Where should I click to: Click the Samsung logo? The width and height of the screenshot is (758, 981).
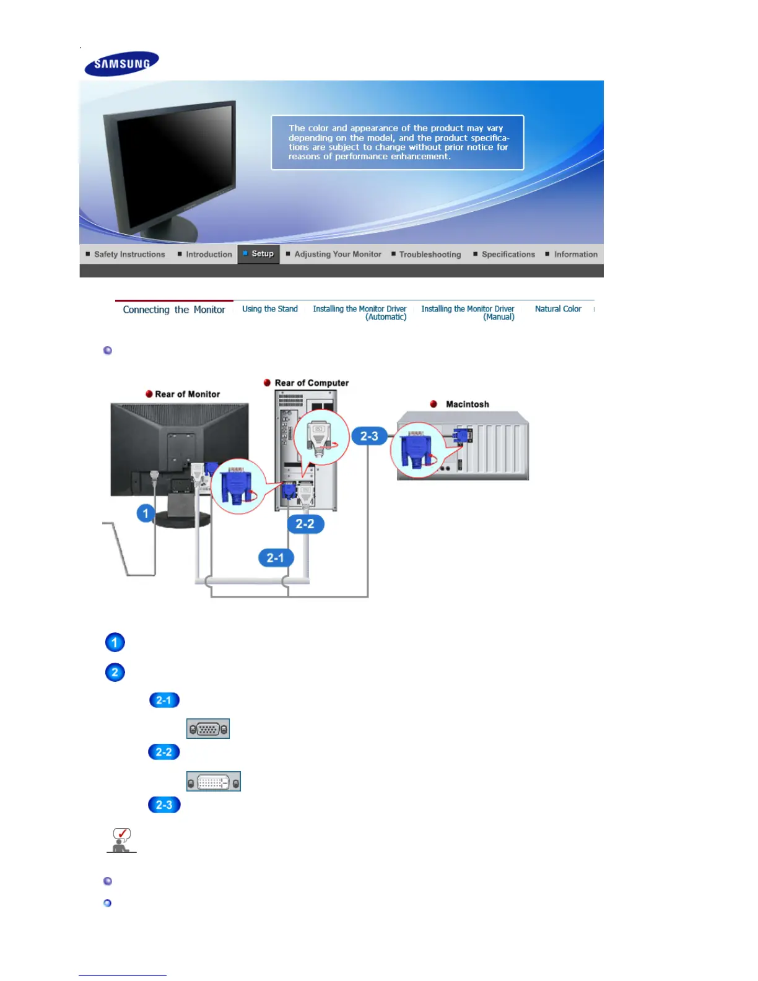121,63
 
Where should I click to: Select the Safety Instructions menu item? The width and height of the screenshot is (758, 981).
129,255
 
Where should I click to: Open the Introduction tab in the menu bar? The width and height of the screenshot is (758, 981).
208,255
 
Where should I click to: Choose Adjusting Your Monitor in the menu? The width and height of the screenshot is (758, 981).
338,255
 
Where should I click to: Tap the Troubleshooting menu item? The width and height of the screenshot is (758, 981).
430,255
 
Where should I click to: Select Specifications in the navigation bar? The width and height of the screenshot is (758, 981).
508,255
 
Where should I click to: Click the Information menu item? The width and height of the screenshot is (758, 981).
575,255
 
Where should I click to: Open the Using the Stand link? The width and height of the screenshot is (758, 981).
270,309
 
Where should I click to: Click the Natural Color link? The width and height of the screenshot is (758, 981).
558,309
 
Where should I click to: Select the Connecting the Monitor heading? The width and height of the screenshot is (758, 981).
174,310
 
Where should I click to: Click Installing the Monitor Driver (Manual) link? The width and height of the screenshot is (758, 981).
468,313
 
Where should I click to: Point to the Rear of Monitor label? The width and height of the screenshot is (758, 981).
187,395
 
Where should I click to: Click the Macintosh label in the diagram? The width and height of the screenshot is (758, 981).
467,404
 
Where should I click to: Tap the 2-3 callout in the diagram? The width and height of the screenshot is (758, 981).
369,437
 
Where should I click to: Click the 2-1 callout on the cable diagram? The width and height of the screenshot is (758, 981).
275,558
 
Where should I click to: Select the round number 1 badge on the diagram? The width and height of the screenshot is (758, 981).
146,513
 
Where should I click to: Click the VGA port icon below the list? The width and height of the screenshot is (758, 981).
208,729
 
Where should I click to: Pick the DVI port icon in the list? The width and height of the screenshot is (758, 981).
214,782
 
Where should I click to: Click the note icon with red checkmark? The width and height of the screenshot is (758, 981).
121,840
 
